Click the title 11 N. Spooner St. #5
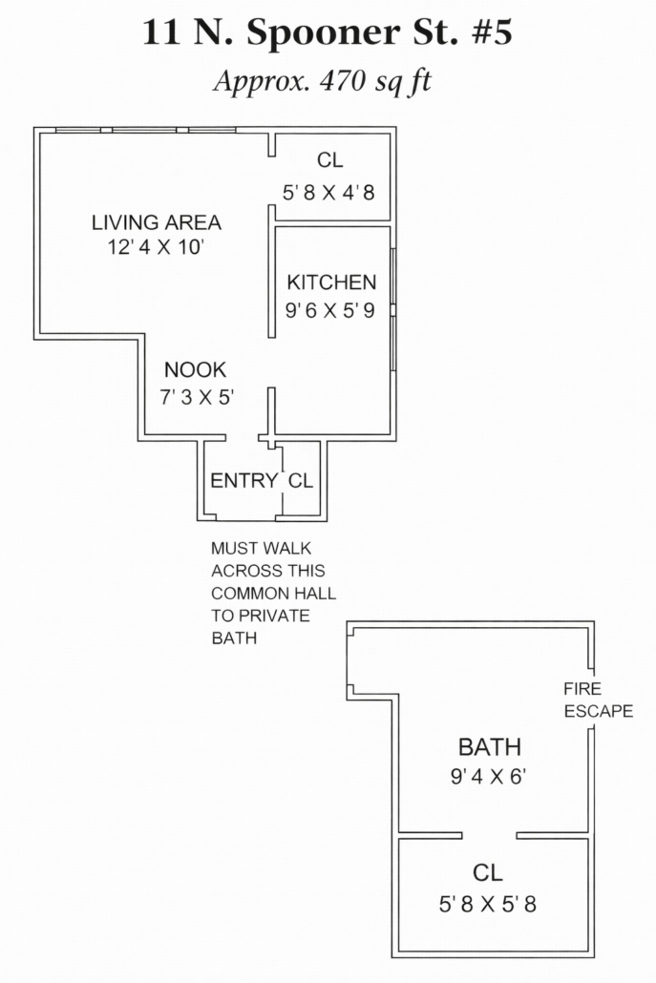pyautogui.click(x=328, y=33)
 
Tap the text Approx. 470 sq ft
pyautogui.click(x=322, y=81)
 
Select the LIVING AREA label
pyautogui.click(x=157, y=223)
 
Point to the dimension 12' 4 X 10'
pyautogui.click(x=157, y=246)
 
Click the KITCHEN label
pyautogui.click(x=331, y=282)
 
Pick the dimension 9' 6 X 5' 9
pyautogui.click(x=330, y=310)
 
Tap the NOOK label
pyautogui.click(x=195, y=371)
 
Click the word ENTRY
pyautogui.click(x=243, y=481)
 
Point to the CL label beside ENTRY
pyautogui.click(x=300, y=481)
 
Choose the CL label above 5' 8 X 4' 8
pyautogui.click(x=330, y=161)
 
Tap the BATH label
pyautogui.click(x=490, y=747)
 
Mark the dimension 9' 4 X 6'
pyautogui.click(x=490, y=776)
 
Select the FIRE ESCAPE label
pyautogui.click(x=598, y=700)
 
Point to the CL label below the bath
pyautogui.click(x=487, y=872)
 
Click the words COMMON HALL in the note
pyautogui.click(x=273, y=594)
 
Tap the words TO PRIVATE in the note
pyautogui.click(x=260, y=616)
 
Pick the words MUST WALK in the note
pyautogui.click(x=261, y=549)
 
